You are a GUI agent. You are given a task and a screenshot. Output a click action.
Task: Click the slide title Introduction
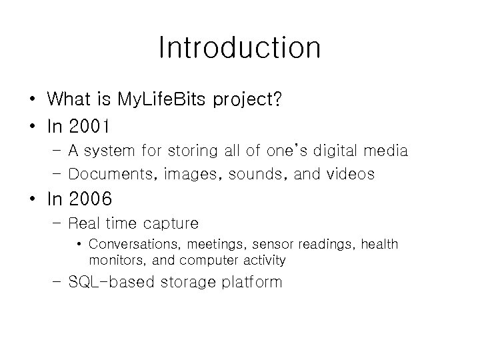point(240,48)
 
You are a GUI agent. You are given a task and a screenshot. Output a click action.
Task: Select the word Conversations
point(137,245)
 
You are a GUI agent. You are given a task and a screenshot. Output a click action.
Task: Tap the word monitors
point(113,260)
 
